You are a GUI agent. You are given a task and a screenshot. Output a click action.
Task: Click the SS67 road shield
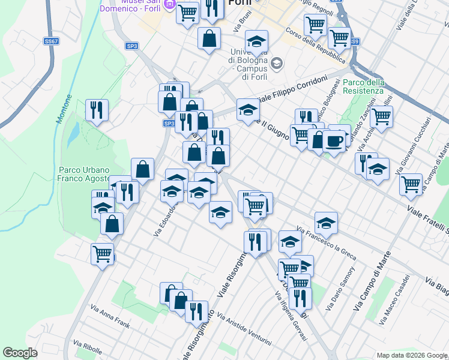51,41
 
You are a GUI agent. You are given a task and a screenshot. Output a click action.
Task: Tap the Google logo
20,353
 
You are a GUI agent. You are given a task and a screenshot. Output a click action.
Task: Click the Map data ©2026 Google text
411,355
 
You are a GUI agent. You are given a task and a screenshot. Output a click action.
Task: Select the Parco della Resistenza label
364,86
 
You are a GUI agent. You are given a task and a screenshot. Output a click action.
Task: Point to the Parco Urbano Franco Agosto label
84,173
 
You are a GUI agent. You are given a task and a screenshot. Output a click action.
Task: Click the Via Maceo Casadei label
394,300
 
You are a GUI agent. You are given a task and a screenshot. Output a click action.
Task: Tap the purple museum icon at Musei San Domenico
169,5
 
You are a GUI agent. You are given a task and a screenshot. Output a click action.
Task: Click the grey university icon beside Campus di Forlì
277,62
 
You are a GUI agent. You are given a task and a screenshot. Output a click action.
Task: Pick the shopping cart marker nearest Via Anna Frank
103,253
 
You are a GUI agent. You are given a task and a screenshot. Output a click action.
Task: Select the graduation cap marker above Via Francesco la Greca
326,222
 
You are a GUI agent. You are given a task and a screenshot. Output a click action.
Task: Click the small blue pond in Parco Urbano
72,136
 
